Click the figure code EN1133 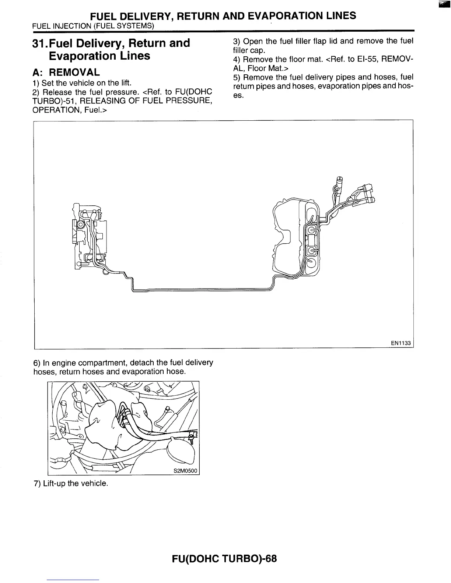click(x=401, y=343)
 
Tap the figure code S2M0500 click(x=186, y=471)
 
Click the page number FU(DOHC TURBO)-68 click(x=224, y=558)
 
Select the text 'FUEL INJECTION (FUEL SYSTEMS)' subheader click(x=93, y=26)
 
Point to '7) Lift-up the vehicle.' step click(x=71, y=483)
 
